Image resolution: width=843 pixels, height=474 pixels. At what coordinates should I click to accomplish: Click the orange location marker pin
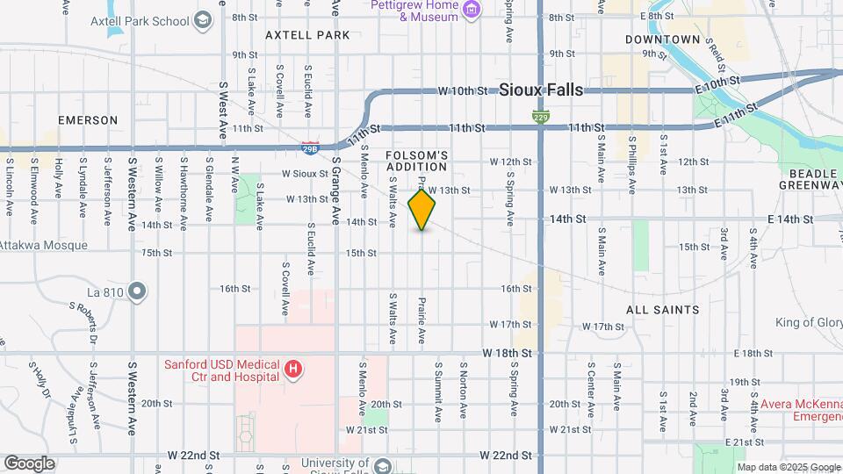[422, 210]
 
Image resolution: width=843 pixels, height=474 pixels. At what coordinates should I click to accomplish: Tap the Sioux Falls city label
[540, 89]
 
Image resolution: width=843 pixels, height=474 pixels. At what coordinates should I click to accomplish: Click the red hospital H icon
[293, 370]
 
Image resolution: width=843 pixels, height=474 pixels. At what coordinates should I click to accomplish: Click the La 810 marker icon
[136, 290]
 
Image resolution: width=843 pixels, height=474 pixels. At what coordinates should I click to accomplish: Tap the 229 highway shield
[542, 117]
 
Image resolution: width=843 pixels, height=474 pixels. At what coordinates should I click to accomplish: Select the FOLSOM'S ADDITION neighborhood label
[417, 161]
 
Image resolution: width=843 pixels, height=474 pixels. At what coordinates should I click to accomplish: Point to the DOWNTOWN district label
[663, 39]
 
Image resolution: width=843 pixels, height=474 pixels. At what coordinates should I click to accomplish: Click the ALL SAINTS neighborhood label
[663, 310]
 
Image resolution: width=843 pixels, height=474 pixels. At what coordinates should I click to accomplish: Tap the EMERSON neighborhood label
[88, 119]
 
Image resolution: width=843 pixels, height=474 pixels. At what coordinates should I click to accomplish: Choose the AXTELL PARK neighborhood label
[308, 35]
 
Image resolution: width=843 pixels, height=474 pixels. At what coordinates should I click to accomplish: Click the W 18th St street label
[508, 352]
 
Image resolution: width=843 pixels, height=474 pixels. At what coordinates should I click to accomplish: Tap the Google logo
[29, 463]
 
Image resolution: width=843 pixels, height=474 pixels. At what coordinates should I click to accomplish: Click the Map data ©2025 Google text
[788, 467]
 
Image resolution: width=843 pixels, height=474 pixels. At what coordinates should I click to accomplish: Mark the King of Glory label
[808, 322]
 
